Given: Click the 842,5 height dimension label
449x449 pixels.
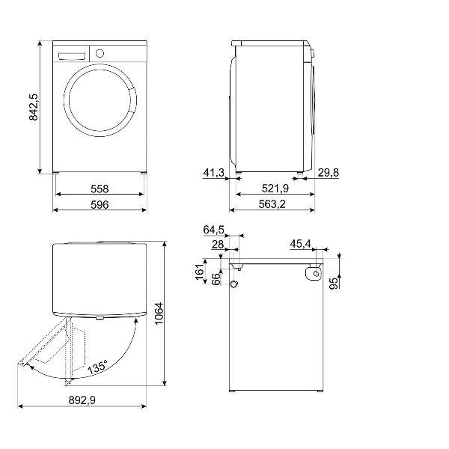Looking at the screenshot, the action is coord(34,107).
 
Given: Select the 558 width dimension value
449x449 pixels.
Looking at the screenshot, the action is coord(100,189).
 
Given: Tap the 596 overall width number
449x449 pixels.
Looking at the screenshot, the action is coord(100,205).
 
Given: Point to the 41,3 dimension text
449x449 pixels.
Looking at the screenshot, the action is coord(213,173).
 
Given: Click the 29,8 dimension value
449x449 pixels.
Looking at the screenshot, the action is coord(329,173).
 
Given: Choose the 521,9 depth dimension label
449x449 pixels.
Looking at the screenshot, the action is coord(275,189).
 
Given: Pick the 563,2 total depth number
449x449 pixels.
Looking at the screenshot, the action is coord(272,204).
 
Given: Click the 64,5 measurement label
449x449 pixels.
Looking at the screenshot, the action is coord(213,230).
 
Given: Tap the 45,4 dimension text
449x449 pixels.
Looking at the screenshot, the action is coord(300,244).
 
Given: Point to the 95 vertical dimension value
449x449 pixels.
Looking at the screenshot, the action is coord(334,284).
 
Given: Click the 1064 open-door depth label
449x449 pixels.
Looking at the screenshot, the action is coord(159,314).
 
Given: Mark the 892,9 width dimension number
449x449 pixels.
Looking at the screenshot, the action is coord(82,400).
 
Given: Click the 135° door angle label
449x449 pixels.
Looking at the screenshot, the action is coord(97,367).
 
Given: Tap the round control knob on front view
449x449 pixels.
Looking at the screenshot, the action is coord(100,53).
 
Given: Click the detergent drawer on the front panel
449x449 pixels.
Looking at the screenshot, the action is coord(73,56).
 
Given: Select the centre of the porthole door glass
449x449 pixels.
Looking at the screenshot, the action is coord(100,100).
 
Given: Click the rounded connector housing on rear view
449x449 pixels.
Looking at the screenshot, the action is coord(314,273).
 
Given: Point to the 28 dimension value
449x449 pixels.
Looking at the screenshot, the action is coord(218,245).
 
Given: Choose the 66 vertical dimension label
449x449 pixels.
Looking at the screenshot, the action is coord(216,279).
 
